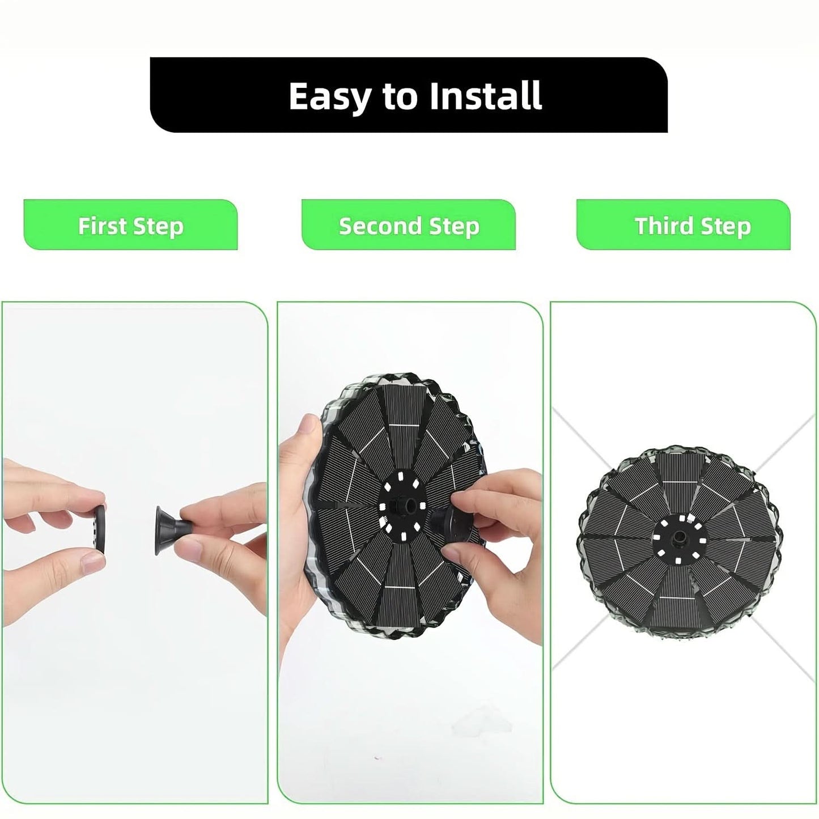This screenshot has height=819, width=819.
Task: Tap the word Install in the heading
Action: tap(485, 95)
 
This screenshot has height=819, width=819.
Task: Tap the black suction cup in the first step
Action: tap(171, 530)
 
